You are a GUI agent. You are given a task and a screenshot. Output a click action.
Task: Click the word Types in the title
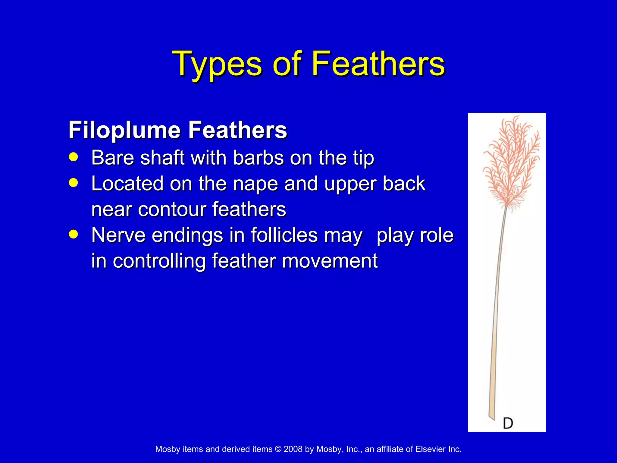[217, 64]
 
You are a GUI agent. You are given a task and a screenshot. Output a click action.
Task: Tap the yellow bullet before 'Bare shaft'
[73, 157]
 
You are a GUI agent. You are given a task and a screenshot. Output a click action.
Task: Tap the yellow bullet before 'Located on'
[73, 183]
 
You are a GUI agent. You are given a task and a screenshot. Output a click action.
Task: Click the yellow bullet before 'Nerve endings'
[73, 234]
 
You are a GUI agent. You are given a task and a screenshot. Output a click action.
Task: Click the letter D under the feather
[508, 423]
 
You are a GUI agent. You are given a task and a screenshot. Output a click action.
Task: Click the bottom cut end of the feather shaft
[491, 417]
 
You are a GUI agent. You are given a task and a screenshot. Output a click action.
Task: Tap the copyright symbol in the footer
[278, 449]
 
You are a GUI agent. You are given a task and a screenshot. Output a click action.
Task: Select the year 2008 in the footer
[293, 449]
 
